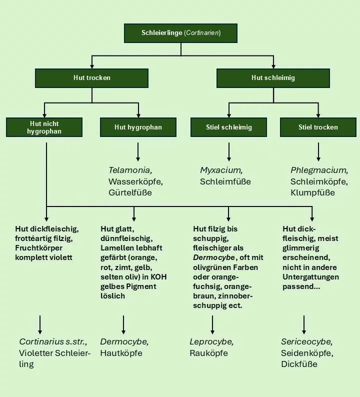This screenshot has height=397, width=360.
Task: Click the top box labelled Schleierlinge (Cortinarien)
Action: [x=180, y=33]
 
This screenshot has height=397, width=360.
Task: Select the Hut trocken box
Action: [x=91, y=78]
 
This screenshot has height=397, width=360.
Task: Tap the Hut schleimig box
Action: [x=273, y=78]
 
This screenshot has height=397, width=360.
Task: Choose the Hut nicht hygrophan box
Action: [x=44, y=127]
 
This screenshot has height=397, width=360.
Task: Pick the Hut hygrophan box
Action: [x=138, y=127]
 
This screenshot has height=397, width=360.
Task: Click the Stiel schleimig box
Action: [x=228, y=127]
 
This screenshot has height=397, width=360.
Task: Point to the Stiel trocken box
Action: [x=318, y=127]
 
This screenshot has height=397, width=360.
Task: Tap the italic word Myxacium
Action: [x=221, y=170]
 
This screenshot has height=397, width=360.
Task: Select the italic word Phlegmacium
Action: [x=319, y=170]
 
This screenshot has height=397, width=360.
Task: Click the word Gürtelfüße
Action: [x=130, y=192]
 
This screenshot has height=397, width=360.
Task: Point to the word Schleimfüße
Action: [x=225, y=181]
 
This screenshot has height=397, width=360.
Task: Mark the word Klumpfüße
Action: [x=312, y=192]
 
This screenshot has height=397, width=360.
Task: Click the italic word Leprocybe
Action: [x=211, y=342]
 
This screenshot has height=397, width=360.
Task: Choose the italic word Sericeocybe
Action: [x=307, y=342]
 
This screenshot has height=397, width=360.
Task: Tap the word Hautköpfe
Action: [x=121, y=353]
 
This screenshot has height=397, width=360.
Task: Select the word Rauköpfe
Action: [x=209, y=353]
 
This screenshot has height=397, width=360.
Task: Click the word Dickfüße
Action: [x=299, y=364]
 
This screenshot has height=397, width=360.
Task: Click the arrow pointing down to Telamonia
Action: [x=138, y=152]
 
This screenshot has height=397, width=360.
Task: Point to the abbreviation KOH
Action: [x=158, y=277]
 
